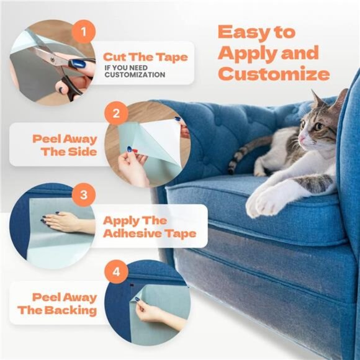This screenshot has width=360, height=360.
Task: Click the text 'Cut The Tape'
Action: click(x=145, y=57)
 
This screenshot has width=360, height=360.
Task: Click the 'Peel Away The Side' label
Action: click(x=64, y=145)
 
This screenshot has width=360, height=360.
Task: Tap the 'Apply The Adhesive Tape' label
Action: click(x=149, y=227)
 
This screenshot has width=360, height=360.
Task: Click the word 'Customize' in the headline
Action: click(x=274, y=74)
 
